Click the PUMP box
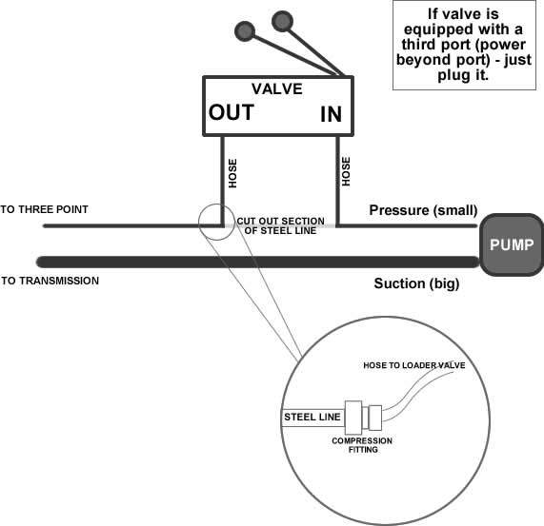point(512,244)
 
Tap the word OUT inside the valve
point(232,112)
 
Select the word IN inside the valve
point(331,114)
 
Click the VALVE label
point(277,89)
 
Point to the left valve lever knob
point(245,31)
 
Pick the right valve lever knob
point(282,21)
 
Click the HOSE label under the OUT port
point(232,173)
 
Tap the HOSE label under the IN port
point(346,171)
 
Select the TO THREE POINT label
point(44,209)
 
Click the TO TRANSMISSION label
point(50,281)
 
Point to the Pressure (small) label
point(423,210)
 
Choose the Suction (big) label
point(416,283)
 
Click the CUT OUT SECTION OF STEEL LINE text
point(281,225)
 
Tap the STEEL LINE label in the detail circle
point(312,417)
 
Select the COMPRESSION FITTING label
point(362,445)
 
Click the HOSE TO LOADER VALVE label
point(414,365)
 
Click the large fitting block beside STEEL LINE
point(353,418)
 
